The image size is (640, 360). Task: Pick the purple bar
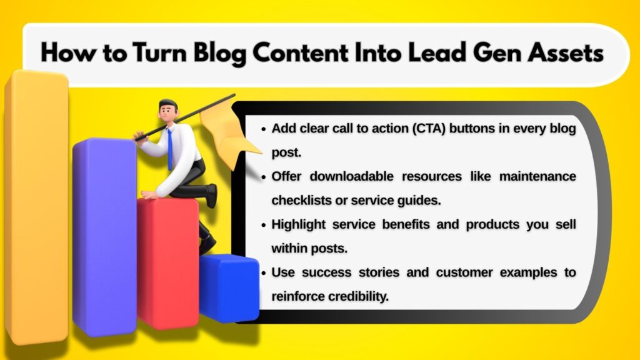pos(104,237)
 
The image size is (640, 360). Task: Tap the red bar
pos(167,262)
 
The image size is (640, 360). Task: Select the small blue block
pos(229,287)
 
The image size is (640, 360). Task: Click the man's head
pos(167,112)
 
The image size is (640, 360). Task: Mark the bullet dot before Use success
pos(263,273)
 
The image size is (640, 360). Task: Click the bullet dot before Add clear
pos(263,129)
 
